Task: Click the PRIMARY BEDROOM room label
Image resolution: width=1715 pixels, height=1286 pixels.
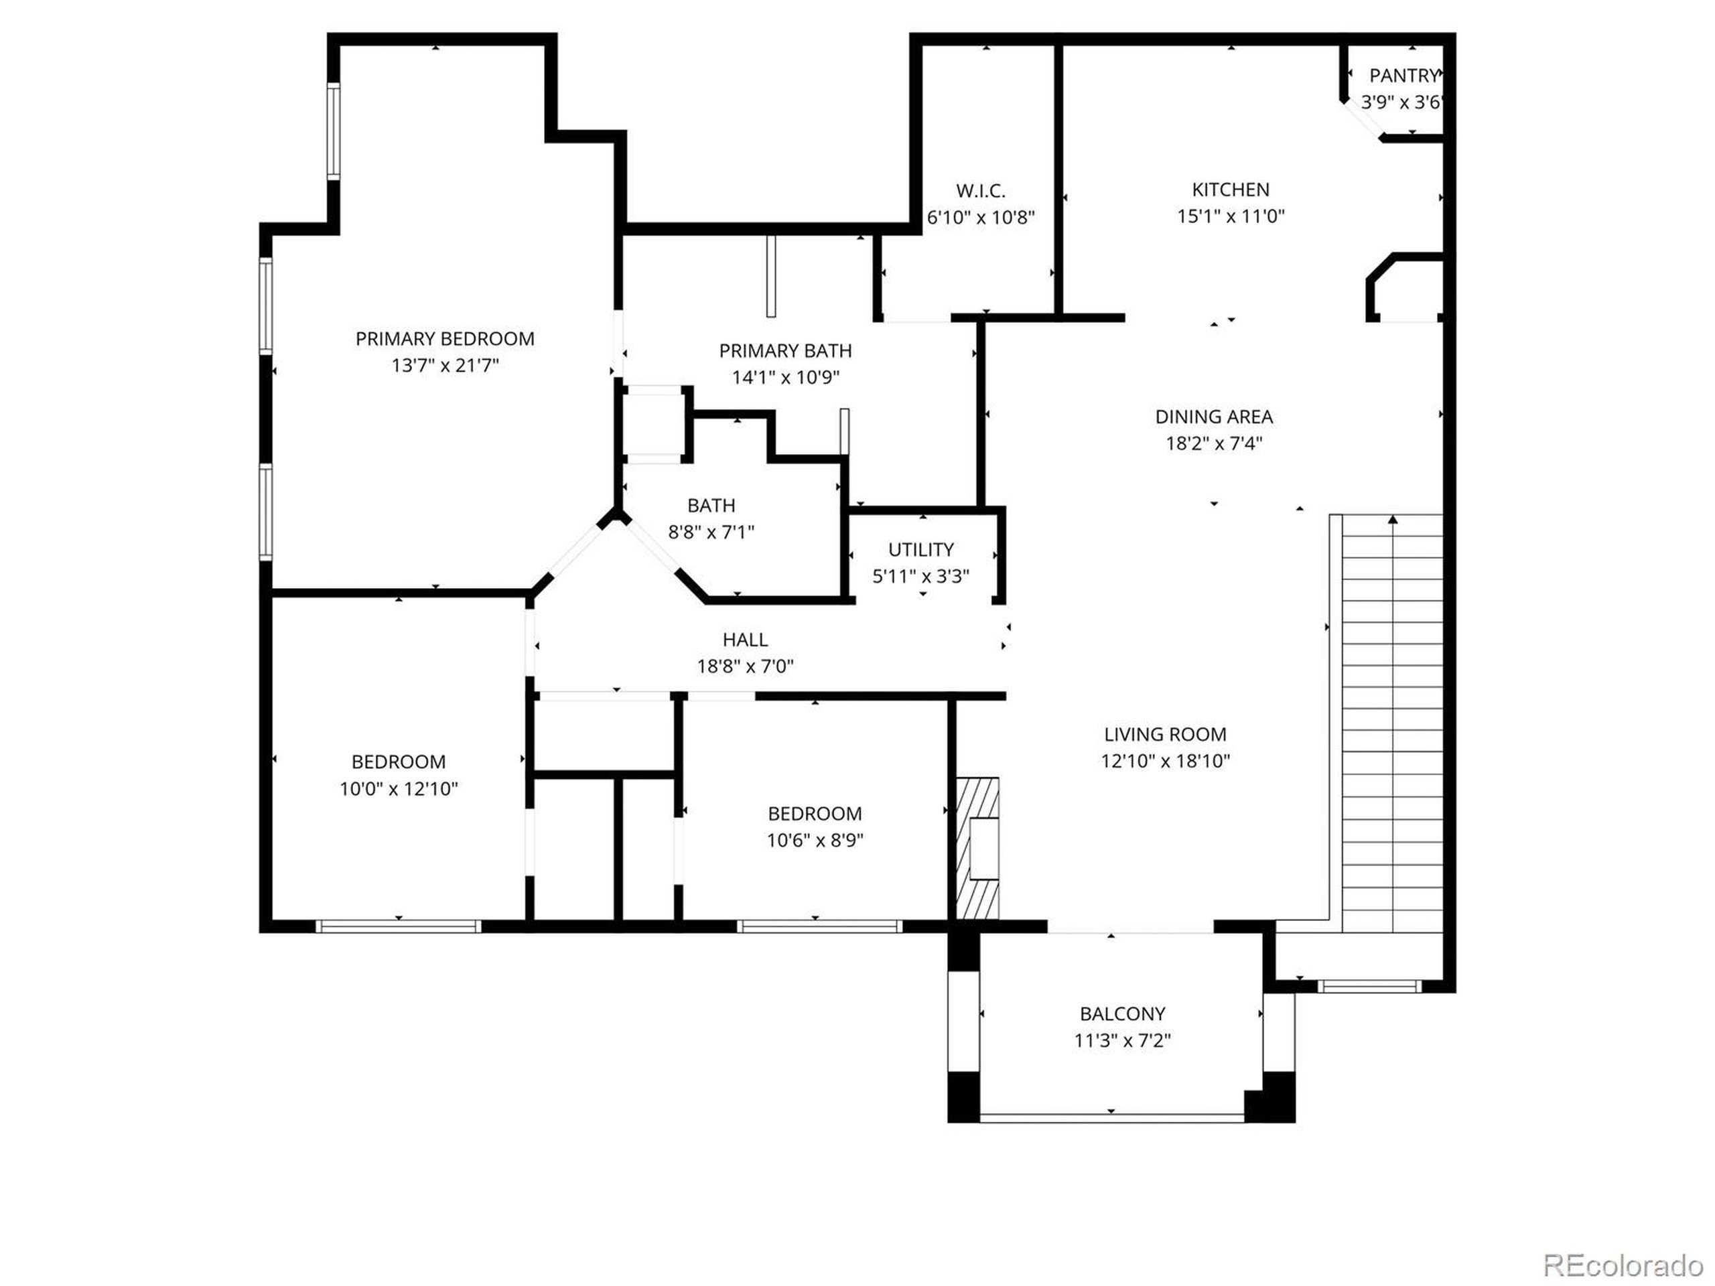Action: (x=444, y=339)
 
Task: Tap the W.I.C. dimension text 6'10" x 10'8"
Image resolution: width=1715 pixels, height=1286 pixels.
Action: (x=981, y=217)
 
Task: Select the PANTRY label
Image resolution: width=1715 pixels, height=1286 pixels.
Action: (x=1403, y=76)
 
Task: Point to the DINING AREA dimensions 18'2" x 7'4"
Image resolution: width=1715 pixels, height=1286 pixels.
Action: (x=1213, y=443)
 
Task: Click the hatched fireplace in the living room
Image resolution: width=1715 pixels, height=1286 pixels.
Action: (x=977, y=849)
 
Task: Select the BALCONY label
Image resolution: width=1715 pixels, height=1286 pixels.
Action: (x=1122, y=1014)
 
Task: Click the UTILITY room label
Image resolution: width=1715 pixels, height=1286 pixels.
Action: (x=920, y=550)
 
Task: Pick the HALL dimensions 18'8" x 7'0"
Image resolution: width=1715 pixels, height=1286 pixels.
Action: (x=745, y=666)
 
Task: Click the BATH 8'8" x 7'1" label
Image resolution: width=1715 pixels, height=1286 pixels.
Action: (x=711, y=518)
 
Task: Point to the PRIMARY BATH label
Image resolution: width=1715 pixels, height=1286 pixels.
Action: (x=784, y=351)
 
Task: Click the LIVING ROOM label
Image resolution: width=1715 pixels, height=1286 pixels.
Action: (x=1164, y=734)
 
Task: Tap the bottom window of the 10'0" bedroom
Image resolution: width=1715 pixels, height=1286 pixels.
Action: (x=399, y=926)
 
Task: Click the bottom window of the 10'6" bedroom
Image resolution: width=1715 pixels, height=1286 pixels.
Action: (x=819, y=926)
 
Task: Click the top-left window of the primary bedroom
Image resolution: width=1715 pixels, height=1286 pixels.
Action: (x=334, y=132)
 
